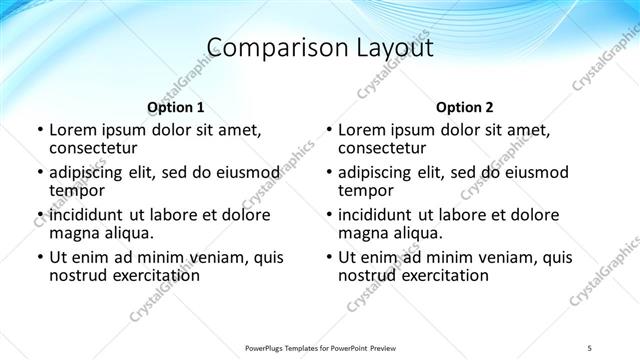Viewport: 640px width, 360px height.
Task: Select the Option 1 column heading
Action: (175, 107)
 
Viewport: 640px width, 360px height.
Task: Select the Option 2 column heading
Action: (464, 107)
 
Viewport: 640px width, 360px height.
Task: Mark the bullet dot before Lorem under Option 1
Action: (39, 131)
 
